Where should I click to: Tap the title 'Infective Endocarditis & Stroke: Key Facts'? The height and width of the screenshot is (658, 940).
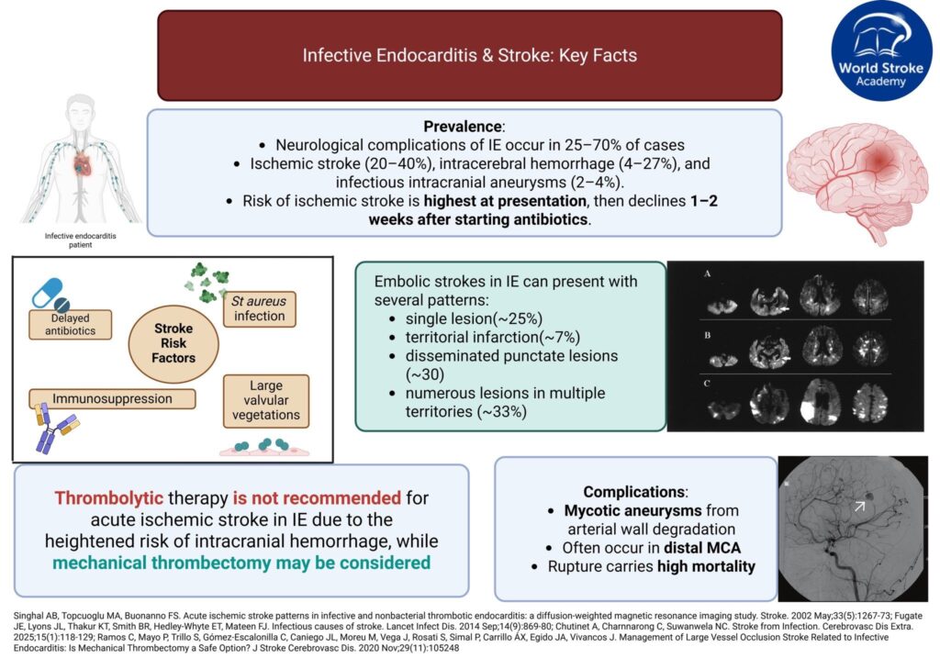coord(469,55)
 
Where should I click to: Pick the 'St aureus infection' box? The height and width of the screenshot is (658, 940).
coord(260,307)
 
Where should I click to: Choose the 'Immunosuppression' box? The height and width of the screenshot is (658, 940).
coord(114,399)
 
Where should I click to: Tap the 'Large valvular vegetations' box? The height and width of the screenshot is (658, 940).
coord(266,400)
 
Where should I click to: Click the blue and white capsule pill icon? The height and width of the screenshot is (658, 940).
coord(56,296)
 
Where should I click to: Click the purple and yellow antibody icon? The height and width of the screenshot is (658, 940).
coord(54,431)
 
